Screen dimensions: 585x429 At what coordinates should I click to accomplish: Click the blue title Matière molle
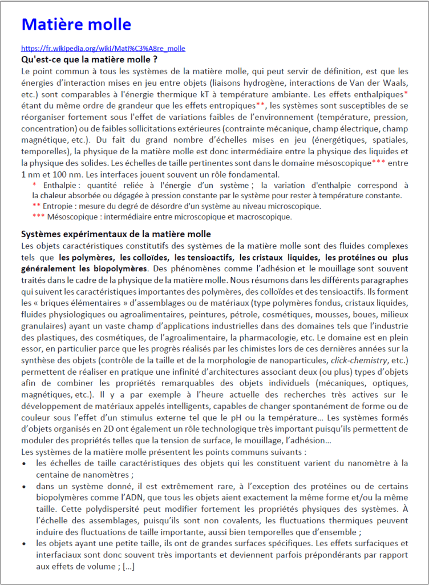76,25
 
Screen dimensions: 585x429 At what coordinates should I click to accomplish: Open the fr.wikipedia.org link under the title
103,49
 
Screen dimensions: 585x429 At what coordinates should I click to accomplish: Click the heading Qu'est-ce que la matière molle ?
89,59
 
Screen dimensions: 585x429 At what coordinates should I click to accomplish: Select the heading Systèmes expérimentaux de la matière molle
116,234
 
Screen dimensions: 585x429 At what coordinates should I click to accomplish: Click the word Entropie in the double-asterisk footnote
59,206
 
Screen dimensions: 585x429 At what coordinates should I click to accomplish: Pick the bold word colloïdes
148,258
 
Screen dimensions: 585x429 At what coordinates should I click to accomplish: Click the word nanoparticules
297,360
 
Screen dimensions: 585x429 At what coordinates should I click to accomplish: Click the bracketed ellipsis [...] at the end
128,566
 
